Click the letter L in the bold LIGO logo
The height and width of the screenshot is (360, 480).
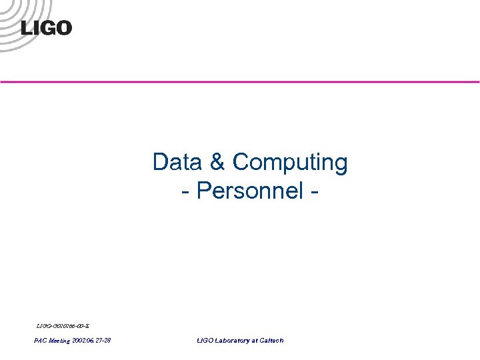27,28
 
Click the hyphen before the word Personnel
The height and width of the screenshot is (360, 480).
185,192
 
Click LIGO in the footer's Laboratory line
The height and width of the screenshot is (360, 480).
205,341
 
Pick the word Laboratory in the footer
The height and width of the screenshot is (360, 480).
233,341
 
